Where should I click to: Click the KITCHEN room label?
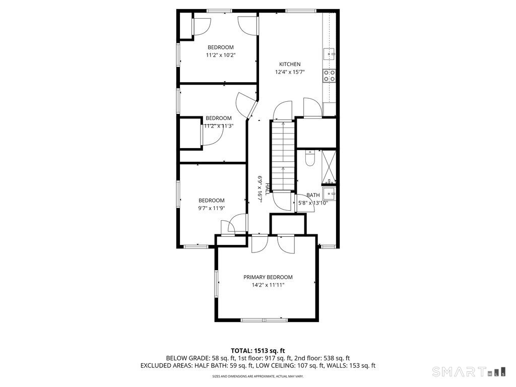click(290, 64)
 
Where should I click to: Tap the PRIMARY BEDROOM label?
click(268, 277)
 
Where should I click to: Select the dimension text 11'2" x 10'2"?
click(221, 55)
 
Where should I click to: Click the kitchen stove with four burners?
click(329, 76)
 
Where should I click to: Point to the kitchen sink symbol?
click(329, 53)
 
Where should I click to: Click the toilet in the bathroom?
click(310, 159)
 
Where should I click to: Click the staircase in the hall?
click(283, 156)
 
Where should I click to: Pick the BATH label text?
click(313, 196)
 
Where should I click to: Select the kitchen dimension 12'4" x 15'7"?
click(290, 72)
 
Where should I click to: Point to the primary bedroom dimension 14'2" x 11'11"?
click(268, 285)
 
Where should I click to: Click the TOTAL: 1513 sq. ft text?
click(258, 350)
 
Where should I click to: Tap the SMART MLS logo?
click(468, 372)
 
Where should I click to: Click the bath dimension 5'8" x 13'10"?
click(313, 203)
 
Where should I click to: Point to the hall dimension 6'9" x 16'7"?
click(261, 188)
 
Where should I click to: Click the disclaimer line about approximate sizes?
click(258, 376)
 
